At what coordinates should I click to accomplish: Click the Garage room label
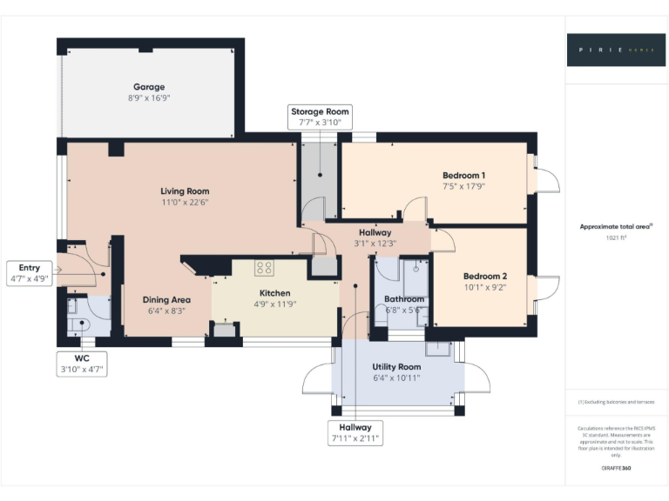coord(149,87)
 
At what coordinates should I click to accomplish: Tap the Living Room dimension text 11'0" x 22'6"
coord(185,202)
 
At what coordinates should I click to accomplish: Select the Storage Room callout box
coord(320,117)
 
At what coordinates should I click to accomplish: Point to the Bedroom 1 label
coord(463,175)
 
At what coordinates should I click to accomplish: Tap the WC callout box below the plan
coord(81,363)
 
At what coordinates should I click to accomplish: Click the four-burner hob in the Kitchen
coord(264,269)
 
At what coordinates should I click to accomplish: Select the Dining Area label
coord(166,300)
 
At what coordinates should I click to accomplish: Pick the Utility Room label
coord(396,368)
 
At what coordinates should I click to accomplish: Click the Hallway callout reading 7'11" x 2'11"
coord(355,433)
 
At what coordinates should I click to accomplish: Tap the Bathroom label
coord(404,299)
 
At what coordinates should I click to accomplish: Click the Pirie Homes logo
coord(616,50)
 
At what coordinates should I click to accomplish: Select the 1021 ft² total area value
coord(617,237)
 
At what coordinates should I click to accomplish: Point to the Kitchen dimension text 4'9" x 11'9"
coord(275,304)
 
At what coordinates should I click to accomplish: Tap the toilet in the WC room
coord(78,325)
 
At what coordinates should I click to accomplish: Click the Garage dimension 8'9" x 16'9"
coord(149,98)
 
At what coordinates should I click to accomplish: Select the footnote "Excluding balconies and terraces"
coord(616,402)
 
